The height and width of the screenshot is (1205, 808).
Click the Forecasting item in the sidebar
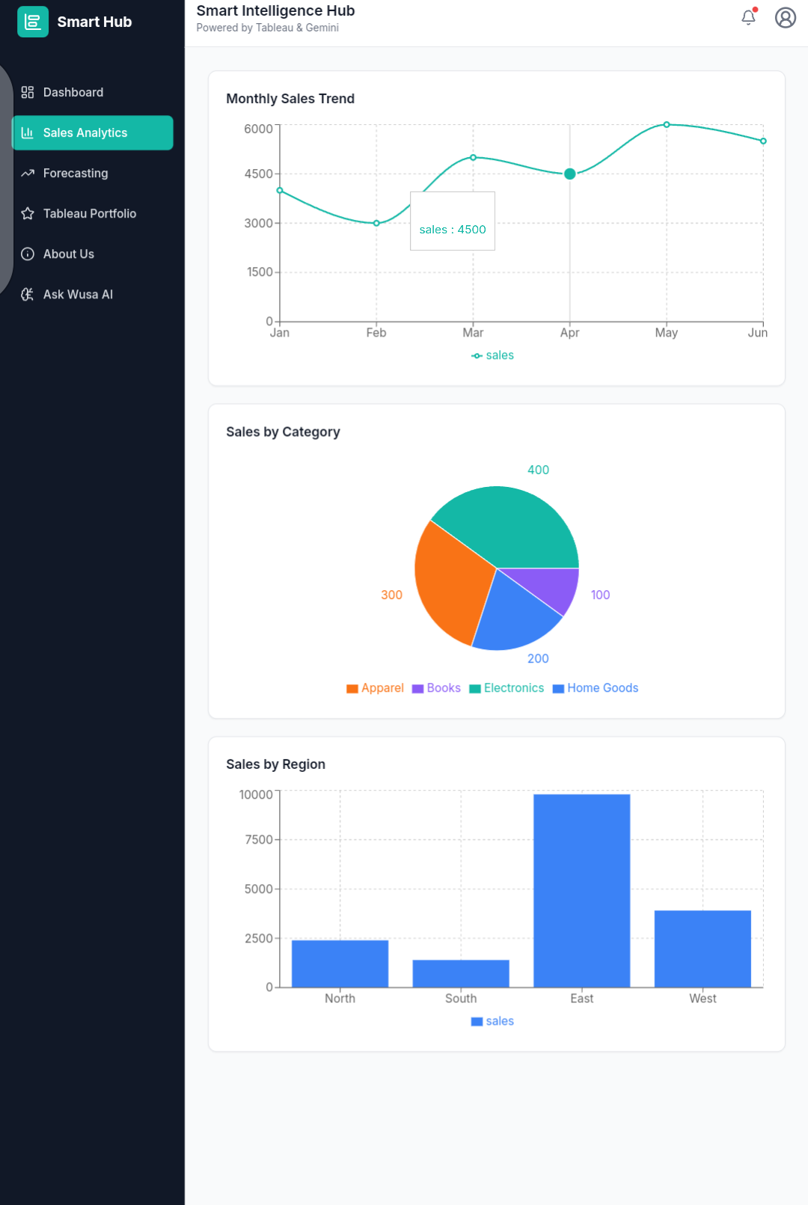(x=75, y=174)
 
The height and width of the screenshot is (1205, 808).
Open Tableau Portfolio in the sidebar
(x=89, y=214)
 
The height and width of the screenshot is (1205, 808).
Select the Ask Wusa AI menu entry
(x=77, y=295)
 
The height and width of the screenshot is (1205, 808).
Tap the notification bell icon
(x=748, y=17)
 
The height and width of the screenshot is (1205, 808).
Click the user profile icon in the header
(x=785, y=17)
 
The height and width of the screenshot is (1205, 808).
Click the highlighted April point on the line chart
(x=569, y=174)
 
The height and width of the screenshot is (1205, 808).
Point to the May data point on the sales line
(x=667, y=125)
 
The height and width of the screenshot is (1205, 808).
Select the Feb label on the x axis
(x=376, y=333)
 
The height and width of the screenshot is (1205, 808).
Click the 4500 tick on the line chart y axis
(x=258, y=174)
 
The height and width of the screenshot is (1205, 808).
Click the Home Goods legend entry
(x=596, y=688)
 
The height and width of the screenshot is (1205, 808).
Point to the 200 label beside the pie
(x=538, y=659)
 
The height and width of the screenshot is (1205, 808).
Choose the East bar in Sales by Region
(x=581, y=890)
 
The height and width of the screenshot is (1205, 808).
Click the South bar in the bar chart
(x=461, y=973)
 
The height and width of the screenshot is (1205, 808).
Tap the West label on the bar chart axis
(x=703, y=999)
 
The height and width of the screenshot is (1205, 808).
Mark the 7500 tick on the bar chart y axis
(x=258, y=840)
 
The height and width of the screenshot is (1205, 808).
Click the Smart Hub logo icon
(x=33, y=22)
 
